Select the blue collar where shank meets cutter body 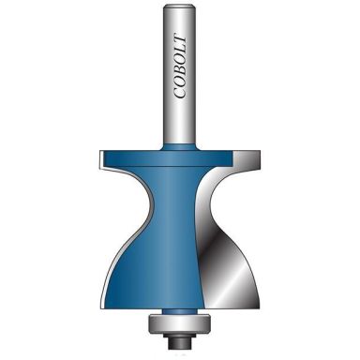(x=180, y=148)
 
